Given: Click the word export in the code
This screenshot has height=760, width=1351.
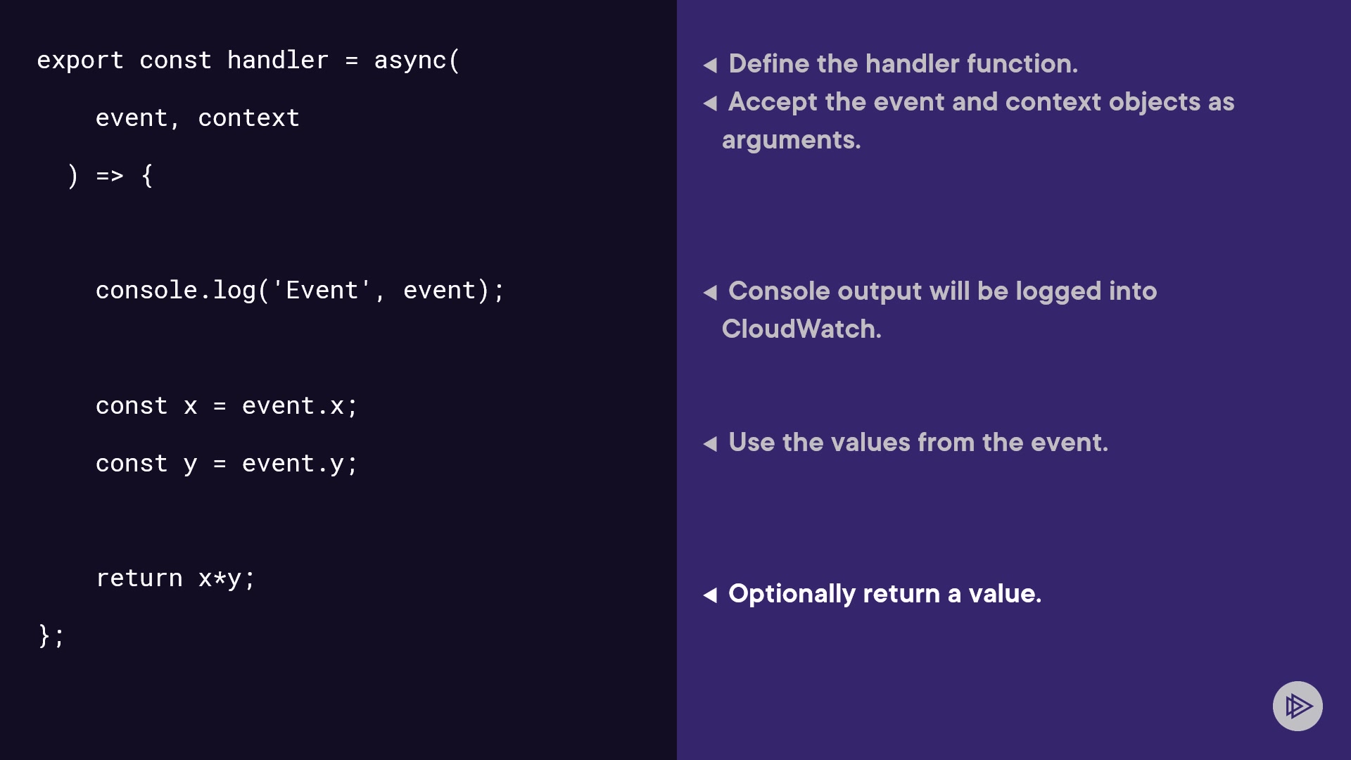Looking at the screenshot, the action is [x=80, y=61].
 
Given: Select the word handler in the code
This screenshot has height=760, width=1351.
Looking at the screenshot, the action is [x=278, y=60].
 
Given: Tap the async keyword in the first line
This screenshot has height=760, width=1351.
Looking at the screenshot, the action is [x=410, y=61].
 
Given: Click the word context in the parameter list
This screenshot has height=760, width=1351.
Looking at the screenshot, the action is [x=249, y=118].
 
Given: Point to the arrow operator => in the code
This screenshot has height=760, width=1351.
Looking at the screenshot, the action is [x=110, y=175].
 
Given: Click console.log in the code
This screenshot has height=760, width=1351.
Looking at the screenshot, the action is [x=176, y=290].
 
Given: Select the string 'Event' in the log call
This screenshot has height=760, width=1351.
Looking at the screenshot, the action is [x=322, y=289].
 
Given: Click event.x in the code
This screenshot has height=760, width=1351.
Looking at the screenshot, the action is [x=293, y=406].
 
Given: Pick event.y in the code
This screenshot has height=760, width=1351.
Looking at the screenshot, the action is [x=293, y=464].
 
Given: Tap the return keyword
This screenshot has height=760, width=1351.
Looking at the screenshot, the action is [x=139, y=578].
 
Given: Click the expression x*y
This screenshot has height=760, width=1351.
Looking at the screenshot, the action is [x=220, y=579].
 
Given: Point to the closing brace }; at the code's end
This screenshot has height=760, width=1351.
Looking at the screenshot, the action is [x=51, y=635].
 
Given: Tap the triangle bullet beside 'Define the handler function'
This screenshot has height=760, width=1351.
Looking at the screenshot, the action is [x=710, y=65].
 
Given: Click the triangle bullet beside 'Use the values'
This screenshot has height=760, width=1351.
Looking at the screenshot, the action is [x=710, y=444].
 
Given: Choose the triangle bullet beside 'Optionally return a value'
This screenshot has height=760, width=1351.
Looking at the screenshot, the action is [x=710, y=595].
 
